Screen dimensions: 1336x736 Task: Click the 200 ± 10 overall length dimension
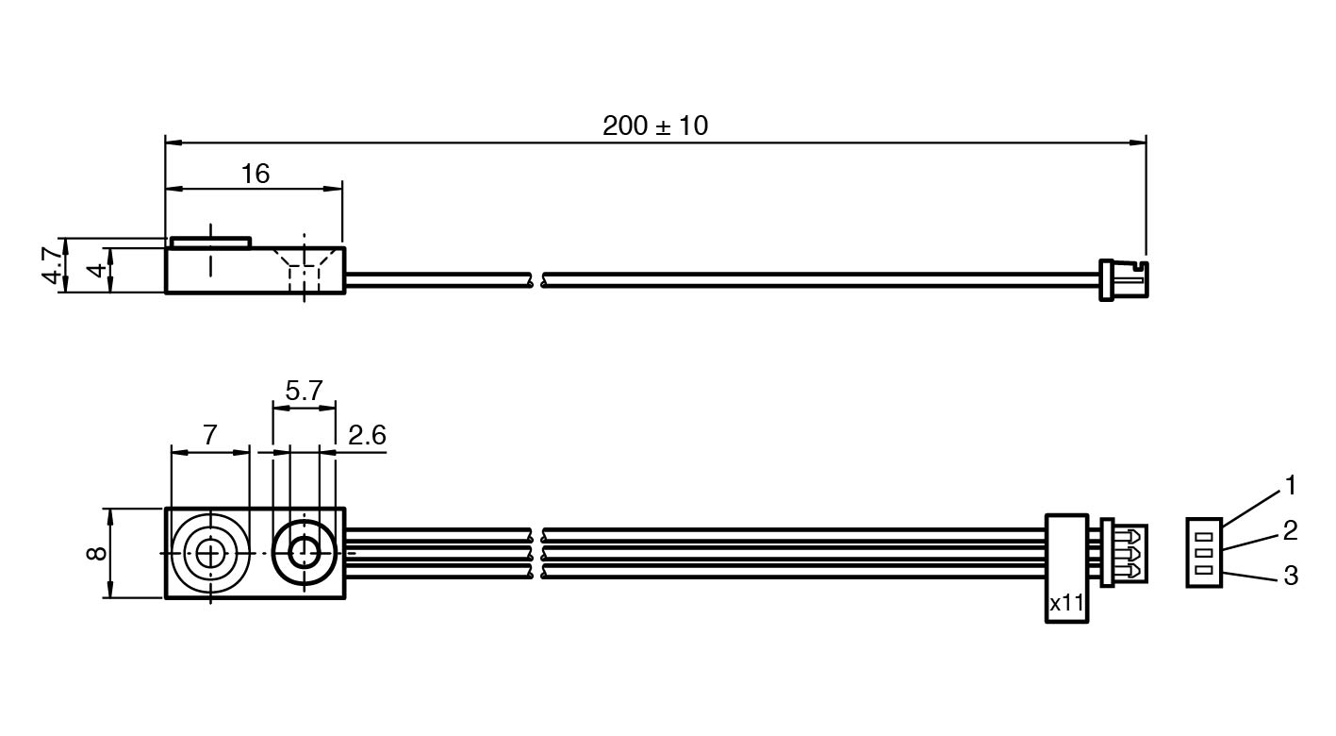click(655, 125)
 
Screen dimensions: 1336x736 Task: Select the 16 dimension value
click(256, 174)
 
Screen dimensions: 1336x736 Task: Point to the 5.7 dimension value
click(304, 391)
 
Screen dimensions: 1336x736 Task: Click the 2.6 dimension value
click(367, 435)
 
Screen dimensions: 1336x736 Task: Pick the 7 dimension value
click(210, 435)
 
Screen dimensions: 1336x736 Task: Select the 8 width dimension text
click(96, 553)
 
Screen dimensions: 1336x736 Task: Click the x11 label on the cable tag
click(1066, 604)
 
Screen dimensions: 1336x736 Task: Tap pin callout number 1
click(1290, 486)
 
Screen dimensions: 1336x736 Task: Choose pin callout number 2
click(1290, 530)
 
